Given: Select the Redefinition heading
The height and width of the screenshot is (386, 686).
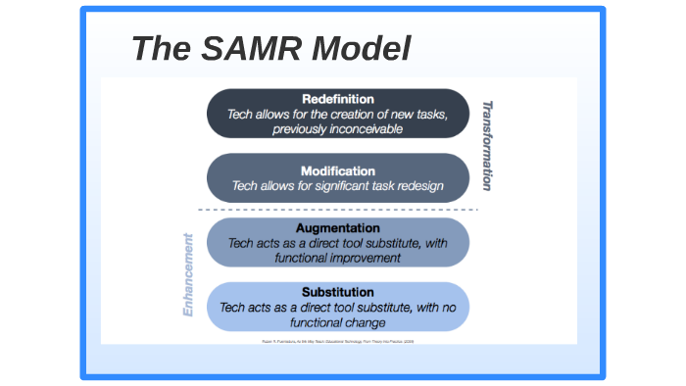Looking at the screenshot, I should [x=337, y=99].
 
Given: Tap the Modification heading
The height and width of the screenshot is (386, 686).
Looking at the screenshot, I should [x=337, y=170].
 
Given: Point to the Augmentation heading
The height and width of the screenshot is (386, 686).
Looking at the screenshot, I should [x=337, y=227].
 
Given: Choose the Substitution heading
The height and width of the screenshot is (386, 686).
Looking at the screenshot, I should [x=337, y=292].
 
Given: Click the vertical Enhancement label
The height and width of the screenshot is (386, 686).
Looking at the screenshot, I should [x=189, y=275].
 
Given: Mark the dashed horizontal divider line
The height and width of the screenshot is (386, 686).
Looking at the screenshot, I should [x=337, y=210].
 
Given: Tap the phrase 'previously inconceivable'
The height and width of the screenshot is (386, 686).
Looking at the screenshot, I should [x=337, y=128].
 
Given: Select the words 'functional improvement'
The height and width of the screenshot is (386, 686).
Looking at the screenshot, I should [x=337, y=258].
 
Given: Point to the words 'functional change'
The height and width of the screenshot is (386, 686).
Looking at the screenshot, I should [x=337, y=321].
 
